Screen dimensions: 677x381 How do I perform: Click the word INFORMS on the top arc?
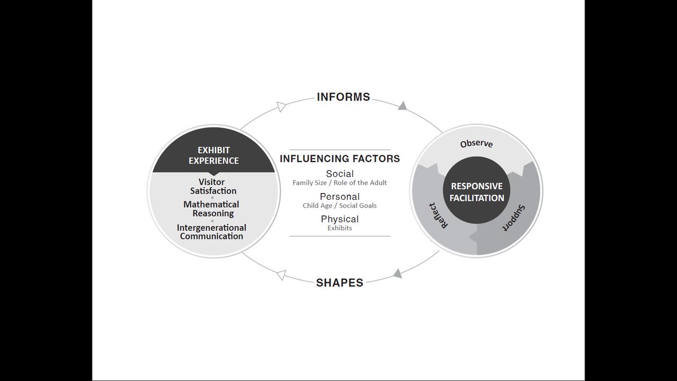click(344, 97)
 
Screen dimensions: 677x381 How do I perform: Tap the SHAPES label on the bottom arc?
click(340, 283)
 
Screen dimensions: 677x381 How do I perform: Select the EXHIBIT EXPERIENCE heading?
click(214, 155)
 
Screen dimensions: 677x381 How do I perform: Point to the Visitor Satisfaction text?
click(213, 186)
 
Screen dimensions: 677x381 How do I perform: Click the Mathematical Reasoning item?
click(211, 209)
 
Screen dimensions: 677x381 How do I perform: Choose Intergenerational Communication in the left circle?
click(212, 232)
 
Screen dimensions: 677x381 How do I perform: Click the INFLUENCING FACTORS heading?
click(340, 159)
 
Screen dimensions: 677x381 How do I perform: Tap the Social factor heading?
click(340, 174)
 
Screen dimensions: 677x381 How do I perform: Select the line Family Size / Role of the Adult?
click(340, 183)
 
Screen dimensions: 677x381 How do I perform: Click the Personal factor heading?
click(340, 196)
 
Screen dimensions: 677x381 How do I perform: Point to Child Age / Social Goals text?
click(340, 205)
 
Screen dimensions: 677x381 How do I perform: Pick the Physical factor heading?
click(340, 219)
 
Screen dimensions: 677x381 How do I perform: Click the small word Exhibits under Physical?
click(340, 228)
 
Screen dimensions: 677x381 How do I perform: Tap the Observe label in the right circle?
click(476, 143)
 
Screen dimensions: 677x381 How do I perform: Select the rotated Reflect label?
click(439, 216)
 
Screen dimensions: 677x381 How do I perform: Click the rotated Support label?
click(514, 218)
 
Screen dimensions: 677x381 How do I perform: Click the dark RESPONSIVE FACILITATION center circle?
click(477, 190)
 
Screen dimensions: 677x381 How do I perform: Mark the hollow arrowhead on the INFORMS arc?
click(281, 107)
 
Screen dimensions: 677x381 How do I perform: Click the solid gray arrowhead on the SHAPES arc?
click(397, 273)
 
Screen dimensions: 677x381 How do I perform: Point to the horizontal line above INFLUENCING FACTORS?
click(340, 150)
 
